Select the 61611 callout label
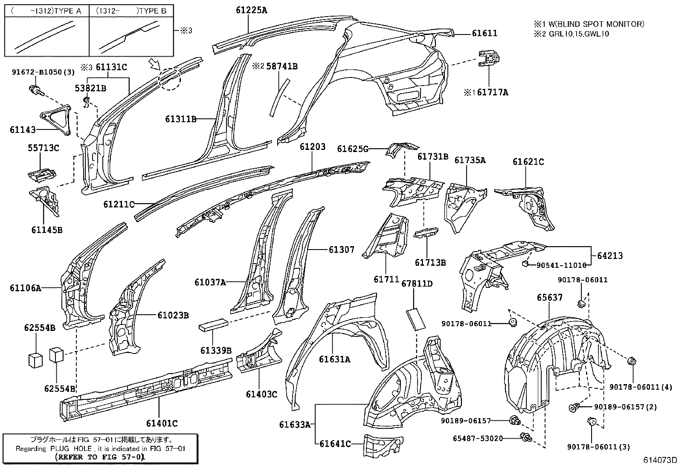[x=485, y=33]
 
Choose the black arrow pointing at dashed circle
[x=154, y=65]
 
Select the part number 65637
[x=549, y=298]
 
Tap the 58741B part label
[x=282, y=66]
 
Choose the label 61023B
[x=173, y=316]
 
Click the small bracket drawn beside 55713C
[x=42, y=173]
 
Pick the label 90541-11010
[x=561, y=265]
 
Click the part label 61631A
[x=334, y=359]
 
